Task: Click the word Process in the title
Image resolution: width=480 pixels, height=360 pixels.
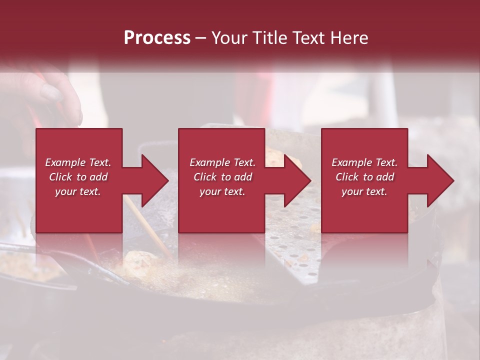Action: click(x=157, y=38)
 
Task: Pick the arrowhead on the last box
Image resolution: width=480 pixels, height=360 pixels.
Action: click(x=439, y=180)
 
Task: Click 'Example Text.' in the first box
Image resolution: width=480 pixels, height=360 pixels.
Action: click(x=78, y=162)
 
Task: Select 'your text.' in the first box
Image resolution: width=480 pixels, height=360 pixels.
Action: click(x=78, y=191)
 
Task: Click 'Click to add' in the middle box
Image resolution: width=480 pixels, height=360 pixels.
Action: click(x=222, y=177)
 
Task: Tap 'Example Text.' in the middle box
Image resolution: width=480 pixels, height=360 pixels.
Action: click(x=222, y=162)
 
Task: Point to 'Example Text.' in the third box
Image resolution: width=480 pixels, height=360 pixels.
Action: click(x=364, y=162)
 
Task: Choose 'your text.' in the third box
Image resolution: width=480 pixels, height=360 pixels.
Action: click(x=364, y=191)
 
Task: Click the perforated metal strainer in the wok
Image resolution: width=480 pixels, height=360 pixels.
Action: click(x=295, y=250)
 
